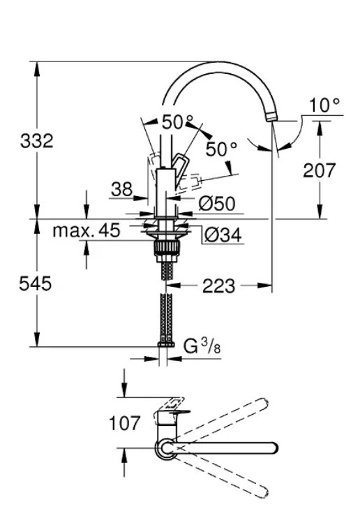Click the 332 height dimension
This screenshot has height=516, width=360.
(36, 141)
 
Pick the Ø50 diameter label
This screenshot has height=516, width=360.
(216, 204)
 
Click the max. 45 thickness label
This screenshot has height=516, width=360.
(87, 230)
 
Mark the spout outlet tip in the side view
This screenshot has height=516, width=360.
(274, 119)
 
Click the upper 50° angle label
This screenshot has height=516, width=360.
(177, 121)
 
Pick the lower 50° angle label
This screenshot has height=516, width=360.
(222, 149)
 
